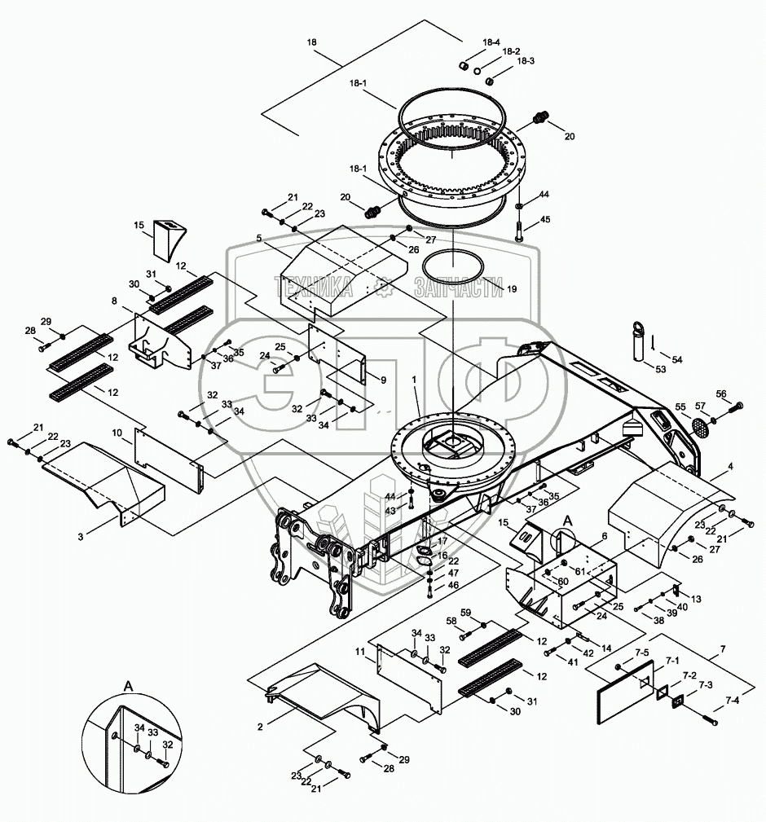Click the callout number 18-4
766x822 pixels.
tap(491, 42)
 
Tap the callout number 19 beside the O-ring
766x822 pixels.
tap(512, 288)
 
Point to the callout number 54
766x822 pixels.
tap(677, 359)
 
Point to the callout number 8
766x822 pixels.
tap(115, 302)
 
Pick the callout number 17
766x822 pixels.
tap(442, 540)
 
